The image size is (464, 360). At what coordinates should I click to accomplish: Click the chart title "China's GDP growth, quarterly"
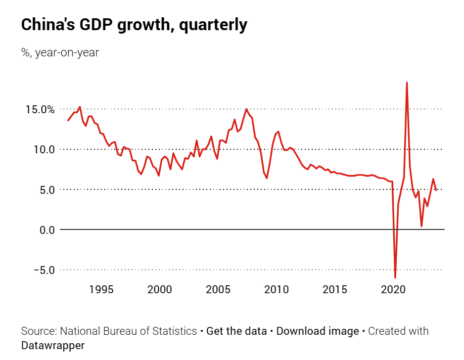click(134, 25)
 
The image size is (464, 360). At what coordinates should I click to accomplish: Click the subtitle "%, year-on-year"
click(60, 52)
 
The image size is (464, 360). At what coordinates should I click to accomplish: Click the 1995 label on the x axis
click(101, 289)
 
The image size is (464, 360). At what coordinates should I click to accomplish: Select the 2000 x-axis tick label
click(160, 289)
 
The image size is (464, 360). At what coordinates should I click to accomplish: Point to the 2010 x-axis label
click(277, 289)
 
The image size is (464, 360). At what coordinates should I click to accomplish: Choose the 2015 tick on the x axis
click(335, 289)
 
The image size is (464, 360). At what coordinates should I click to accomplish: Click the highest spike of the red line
click(407, 83)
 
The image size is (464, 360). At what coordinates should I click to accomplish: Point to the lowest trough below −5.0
click(395, 277)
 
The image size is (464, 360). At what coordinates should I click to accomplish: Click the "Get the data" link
click(236, 331)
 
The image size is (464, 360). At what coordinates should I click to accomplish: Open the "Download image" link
click(318, 331)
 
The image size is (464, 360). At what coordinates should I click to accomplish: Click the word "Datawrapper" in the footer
click(52, 345)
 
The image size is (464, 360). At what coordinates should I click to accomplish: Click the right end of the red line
click(436, 190)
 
